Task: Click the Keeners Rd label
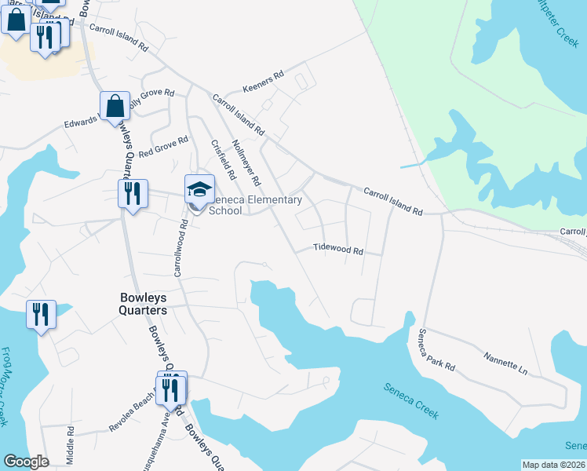pos(263,81)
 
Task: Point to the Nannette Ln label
pos(506,365)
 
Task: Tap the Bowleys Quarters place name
pos(144,304)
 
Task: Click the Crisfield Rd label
pos(224,157)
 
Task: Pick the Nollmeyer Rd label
pos(246,162)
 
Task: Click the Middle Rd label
pos(71,444)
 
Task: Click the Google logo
pos(26,462)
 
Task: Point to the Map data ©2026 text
pos(554,465)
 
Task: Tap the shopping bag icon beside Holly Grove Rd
pos(115,106)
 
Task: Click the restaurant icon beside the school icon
pos(133,192)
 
